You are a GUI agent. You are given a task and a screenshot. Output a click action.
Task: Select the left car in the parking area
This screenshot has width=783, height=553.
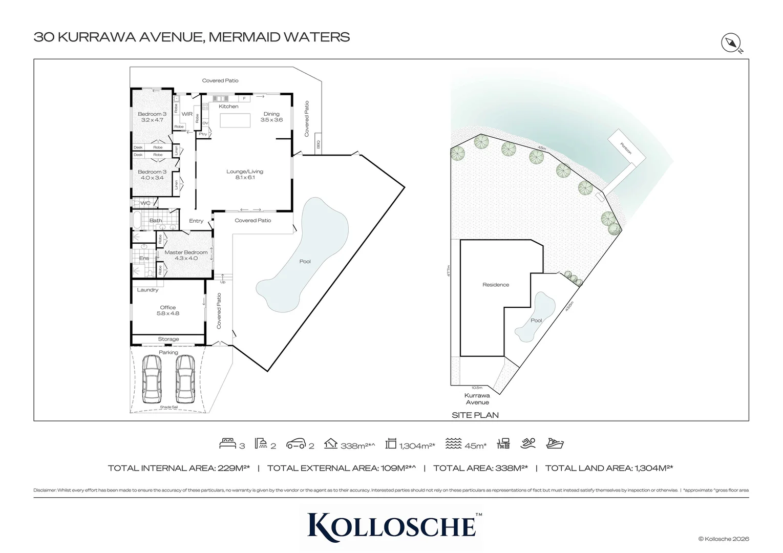tap(152, 378)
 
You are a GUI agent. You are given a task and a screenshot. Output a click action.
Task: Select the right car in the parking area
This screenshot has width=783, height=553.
tap(185, 378)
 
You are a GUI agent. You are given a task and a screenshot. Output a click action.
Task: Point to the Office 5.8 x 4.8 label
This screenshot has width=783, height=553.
tap(168, 310)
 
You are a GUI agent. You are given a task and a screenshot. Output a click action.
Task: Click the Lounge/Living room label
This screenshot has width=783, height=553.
tap(245, 174)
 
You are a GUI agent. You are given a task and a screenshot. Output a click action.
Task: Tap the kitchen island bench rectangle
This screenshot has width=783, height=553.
tap(236, 120)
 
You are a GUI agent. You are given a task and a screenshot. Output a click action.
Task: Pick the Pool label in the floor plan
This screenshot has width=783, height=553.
tap(305, 262)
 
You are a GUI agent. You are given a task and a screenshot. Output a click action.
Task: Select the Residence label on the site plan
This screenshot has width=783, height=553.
tap(496, 285)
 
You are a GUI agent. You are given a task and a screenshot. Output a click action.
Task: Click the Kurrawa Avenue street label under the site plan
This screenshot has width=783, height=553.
tap(477, 398)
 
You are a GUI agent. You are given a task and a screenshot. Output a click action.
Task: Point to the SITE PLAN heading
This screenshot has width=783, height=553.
tap(475, 415)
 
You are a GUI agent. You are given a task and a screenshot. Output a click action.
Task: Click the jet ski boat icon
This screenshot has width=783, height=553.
tap(555, 443)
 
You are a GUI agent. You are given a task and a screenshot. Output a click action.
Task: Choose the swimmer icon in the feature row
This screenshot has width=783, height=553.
tap(529, 443)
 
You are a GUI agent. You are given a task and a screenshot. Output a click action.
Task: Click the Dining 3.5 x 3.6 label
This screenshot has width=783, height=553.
tap(271, 117)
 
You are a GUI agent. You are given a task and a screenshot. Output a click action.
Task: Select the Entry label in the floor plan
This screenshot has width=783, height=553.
tap(196, 221)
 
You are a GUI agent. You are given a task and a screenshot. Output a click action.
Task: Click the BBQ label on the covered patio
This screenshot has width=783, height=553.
tap(318, 145)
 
